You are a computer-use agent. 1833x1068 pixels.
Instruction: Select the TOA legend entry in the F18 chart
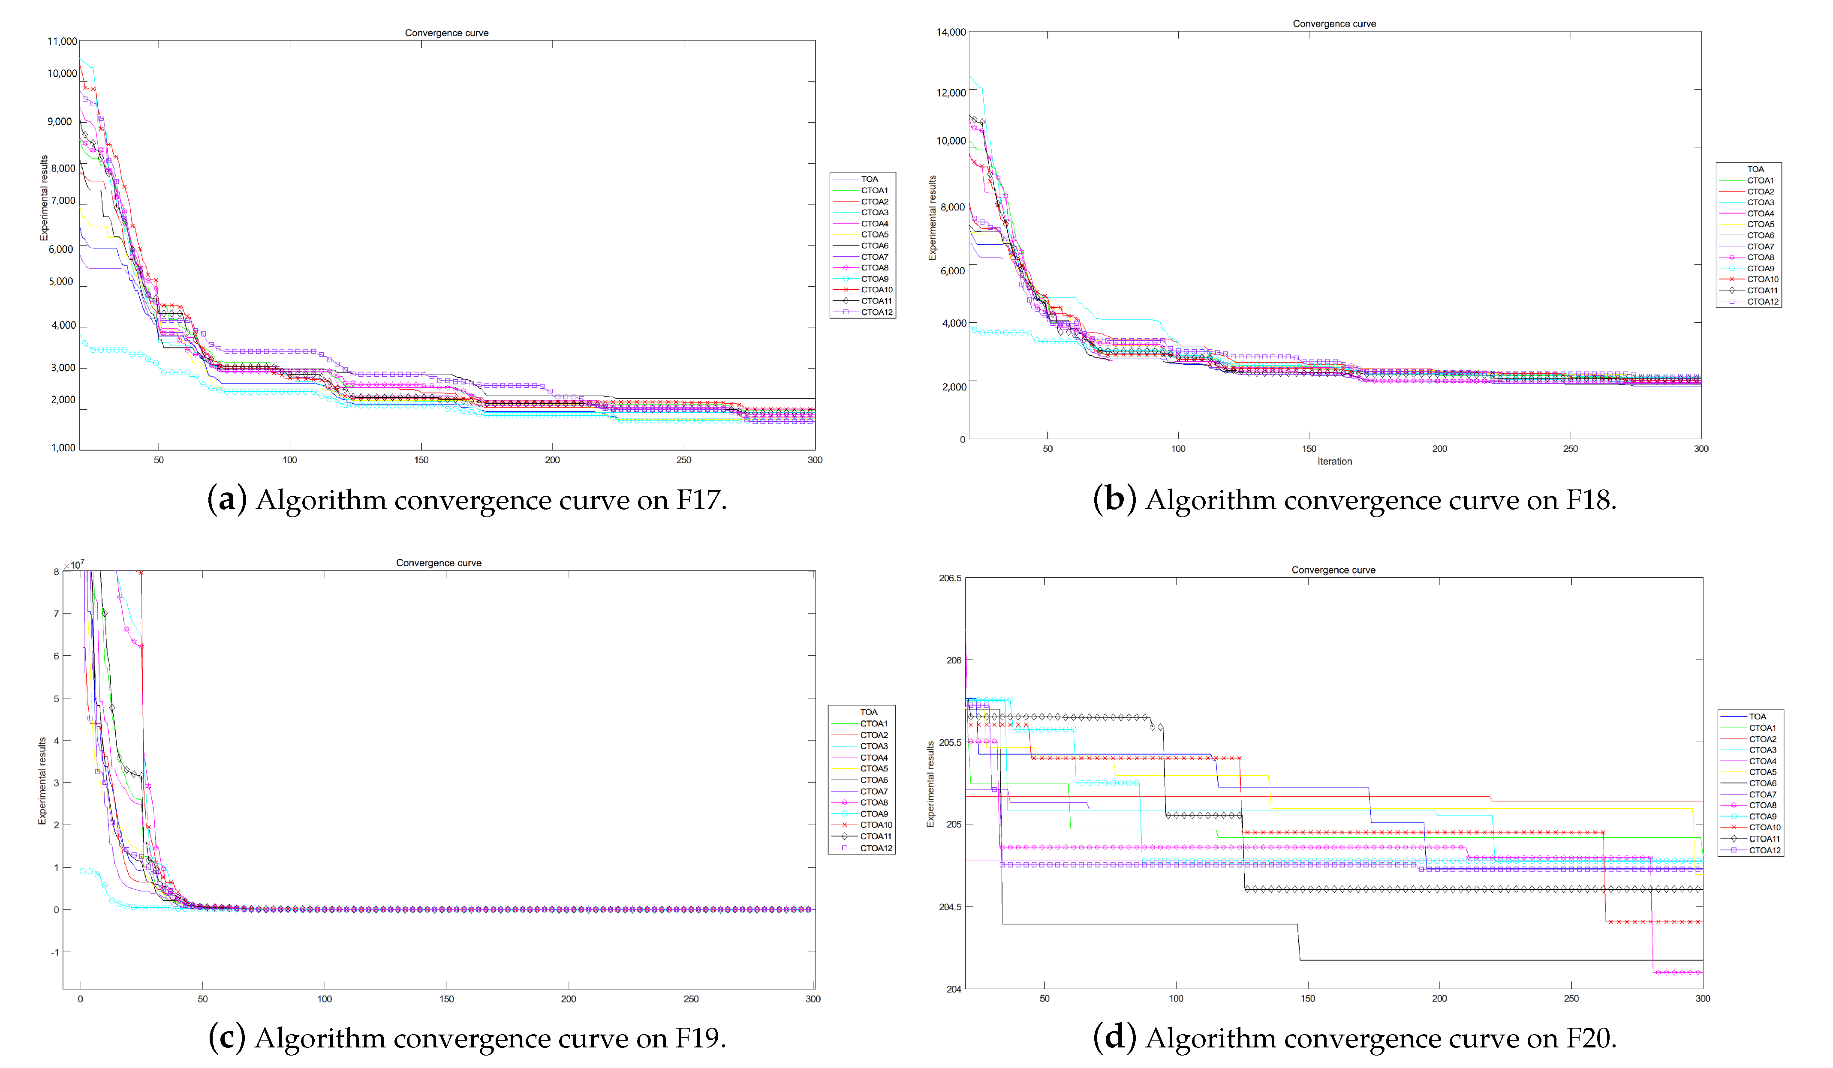coord(1755,169)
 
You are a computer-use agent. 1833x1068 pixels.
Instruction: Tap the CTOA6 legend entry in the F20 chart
coord(1762,783)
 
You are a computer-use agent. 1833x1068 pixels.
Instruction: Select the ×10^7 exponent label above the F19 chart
coord(73,565)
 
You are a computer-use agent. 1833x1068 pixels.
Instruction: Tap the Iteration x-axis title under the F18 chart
coord(1334,462)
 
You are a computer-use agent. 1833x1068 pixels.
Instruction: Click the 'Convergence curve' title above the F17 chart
coord(447,33)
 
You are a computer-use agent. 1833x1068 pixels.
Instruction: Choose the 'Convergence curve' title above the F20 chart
coord(1333,570)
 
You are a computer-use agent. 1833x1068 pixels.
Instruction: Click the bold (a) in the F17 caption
coord(227,500)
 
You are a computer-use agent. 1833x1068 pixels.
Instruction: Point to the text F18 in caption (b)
coord(1589,500)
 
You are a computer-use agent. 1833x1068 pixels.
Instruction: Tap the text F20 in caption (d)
coord(1589,1038)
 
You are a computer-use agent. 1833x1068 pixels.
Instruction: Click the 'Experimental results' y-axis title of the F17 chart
coord(44,198)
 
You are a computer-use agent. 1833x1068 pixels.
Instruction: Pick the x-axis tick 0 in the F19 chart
coord(80,999)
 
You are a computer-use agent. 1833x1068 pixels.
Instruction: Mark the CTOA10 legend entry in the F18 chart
coord(1762,279)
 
